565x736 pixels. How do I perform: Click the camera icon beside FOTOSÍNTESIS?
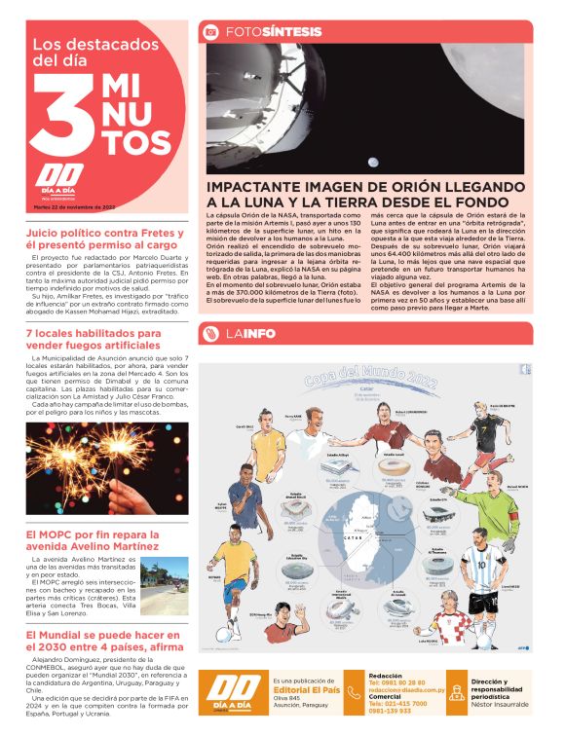209,32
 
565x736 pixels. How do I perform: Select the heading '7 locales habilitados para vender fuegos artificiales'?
94,340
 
